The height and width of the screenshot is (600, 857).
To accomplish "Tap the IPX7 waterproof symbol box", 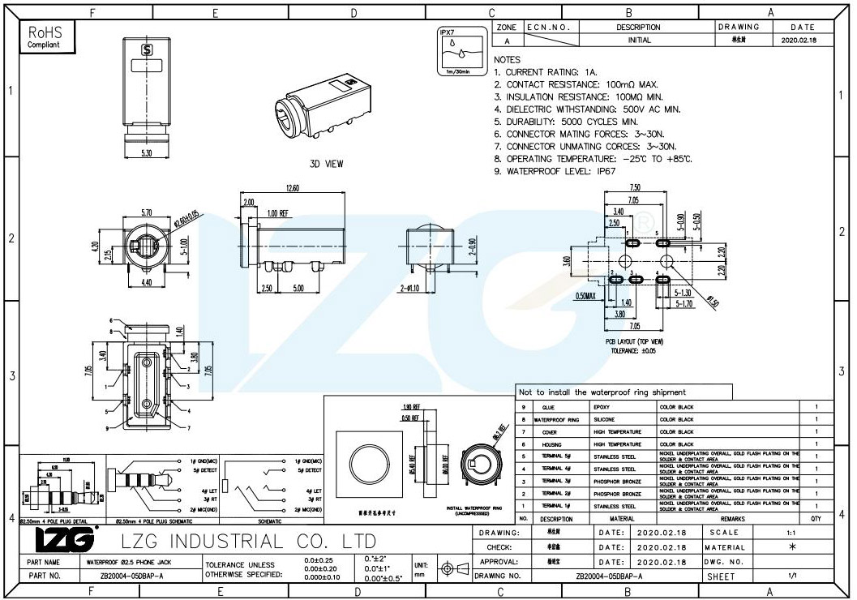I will [x=459, y=53].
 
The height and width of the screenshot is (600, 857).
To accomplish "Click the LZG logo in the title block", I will [x=66, y=540].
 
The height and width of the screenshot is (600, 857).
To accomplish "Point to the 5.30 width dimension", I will [x=146, y=152].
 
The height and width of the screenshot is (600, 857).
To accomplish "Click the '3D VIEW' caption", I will [x=326, y=164].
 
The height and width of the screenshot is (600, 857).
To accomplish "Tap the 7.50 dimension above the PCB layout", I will [x=635, y=188].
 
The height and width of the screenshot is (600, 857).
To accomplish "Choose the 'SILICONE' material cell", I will [x=605, y=420].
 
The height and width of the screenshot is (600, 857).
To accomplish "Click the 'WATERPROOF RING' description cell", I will [x=556, y=420].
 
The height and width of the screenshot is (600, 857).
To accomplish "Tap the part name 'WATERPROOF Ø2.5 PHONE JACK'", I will [x=122, y=561].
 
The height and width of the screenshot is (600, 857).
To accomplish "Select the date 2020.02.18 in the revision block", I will [x=799, y=40].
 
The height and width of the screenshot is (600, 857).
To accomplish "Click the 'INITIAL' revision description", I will [x=639, y=40].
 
